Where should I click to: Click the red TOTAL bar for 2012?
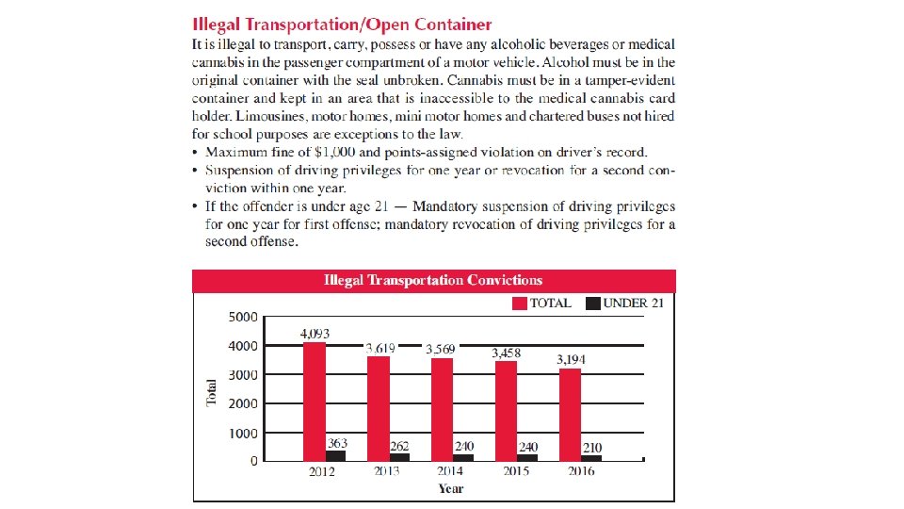(x=315, y=401)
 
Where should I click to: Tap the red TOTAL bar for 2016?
(x=570, y=414)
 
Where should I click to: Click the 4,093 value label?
(x=315, y=334)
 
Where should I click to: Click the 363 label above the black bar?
(x=337, y=443)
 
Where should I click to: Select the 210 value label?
(x=592, y=448)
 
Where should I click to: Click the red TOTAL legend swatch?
(x=519, y=304)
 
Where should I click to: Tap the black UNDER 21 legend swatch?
(x=592, y=304)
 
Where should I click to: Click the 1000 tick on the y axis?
(x=243, y=434)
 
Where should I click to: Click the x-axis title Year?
(x=451, y=488)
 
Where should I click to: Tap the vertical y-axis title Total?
(x=212, y=393)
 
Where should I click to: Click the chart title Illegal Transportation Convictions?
(x=433, y=280)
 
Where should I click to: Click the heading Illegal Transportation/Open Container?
(x=342, y=24)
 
